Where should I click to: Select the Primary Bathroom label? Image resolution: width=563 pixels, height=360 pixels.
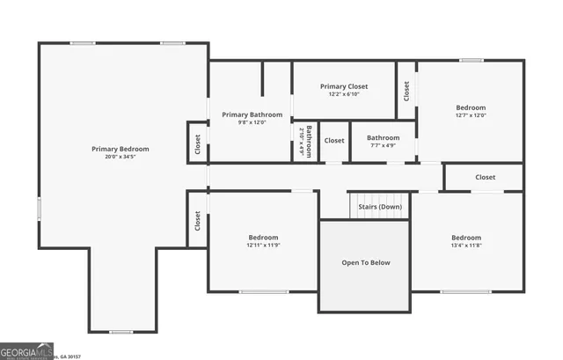click(252, 114)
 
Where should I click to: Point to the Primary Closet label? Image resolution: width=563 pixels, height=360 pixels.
click(344, 86)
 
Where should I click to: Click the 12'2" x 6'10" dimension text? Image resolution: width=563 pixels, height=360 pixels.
click(344, 94)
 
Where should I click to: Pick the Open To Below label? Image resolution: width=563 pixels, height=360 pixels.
click(365, 262)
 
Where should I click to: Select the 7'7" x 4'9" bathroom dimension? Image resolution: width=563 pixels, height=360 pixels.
click(383, 145)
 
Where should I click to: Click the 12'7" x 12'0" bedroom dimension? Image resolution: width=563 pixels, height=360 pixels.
click(471, 115)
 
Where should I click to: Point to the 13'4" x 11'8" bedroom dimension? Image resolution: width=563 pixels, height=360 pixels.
click(466, 246)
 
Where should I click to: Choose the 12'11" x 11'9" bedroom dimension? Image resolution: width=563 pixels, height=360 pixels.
click(263, 246)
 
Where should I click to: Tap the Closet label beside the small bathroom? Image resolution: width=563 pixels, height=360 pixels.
click(334, 141)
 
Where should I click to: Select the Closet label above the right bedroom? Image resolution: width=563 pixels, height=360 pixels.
click(486, 177)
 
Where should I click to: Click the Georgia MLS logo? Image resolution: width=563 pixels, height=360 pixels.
click(27, 350)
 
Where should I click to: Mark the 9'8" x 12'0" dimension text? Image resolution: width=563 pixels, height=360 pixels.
click(252, 122)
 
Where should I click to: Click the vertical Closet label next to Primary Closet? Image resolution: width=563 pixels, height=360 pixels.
click(406, 90)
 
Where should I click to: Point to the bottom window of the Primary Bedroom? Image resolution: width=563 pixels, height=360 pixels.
click(121, 332)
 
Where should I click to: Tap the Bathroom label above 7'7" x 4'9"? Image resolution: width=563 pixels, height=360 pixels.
click(383, 137)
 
